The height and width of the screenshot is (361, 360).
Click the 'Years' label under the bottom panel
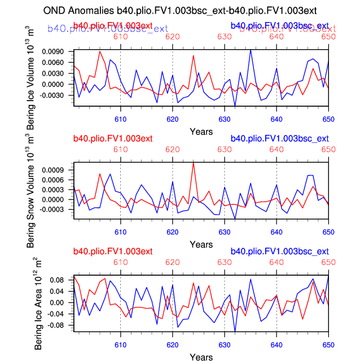(x=201, y=357)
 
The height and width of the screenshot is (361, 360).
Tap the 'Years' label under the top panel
(x=201, y=132)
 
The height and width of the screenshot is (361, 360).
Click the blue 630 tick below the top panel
(x=225, y=119)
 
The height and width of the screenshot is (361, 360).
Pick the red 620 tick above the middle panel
(x=172, y=149)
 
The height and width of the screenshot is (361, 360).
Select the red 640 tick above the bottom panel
(x=276, y=262)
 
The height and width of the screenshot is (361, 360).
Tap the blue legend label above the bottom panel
(x=279, y=251)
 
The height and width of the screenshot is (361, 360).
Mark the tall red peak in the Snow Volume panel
(x=194, y=162)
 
